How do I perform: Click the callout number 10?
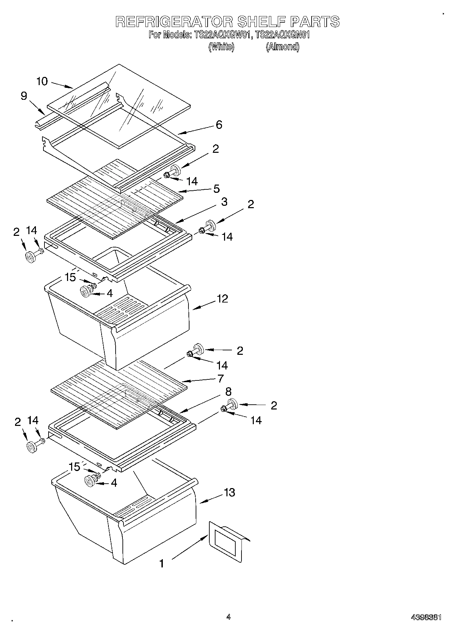(42, 81)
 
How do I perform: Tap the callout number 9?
(24, 96)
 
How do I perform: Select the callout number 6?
(219, 125)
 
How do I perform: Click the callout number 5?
(216, 189)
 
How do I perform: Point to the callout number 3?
(224, 202)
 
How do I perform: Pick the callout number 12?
(222, 299)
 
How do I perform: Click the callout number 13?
(229, 493)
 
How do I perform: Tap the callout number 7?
(221, 378)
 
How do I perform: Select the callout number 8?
(228, 391)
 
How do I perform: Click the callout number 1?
(161, 563)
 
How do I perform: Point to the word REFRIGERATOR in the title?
(174, 22)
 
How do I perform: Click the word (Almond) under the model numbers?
(283, 47)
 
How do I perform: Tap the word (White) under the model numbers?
(221, 47)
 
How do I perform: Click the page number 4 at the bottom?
(228, 617)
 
